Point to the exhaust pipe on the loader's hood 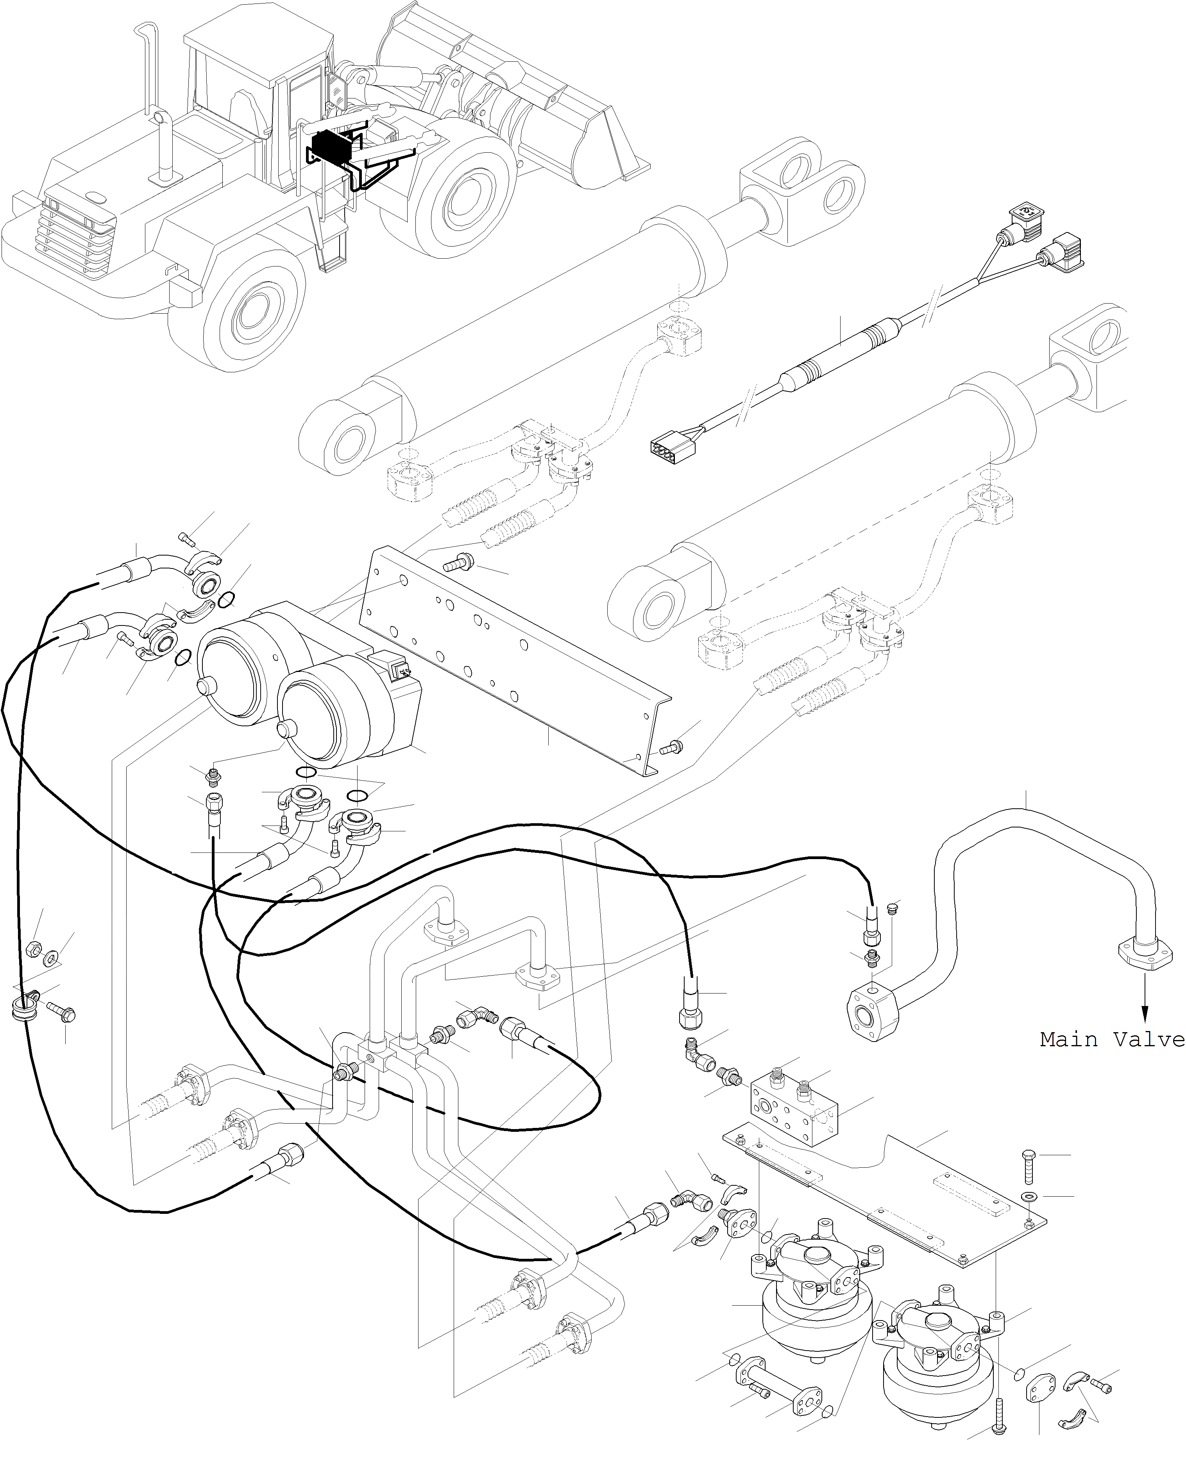coord(165,147)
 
